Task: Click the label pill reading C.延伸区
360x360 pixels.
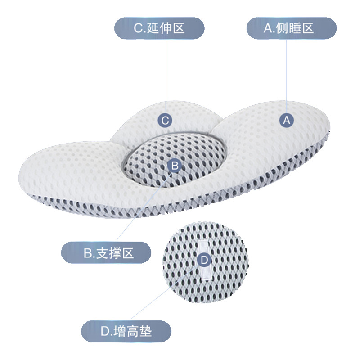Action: tap(159, 28)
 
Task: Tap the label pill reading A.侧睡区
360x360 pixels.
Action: tap(291, 28)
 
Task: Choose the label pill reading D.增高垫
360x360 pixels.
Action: tap(126, 332)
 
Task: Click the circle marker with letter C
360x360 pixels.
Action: tap(165, 120)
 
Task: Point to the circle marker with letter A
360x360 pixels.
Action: tap(287, 120)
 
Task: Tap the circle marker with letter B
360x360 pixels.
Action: tap(175, 166)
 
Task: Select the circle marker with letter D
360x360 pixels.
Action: tap(204, 260)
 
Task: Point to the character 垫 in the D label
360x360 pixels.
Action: tap(146, 333)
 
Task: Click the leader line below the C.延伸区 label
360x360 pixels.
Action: tap(166, 72)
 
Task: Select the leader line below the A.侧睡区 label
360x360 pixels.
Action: tap(287, 72)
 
